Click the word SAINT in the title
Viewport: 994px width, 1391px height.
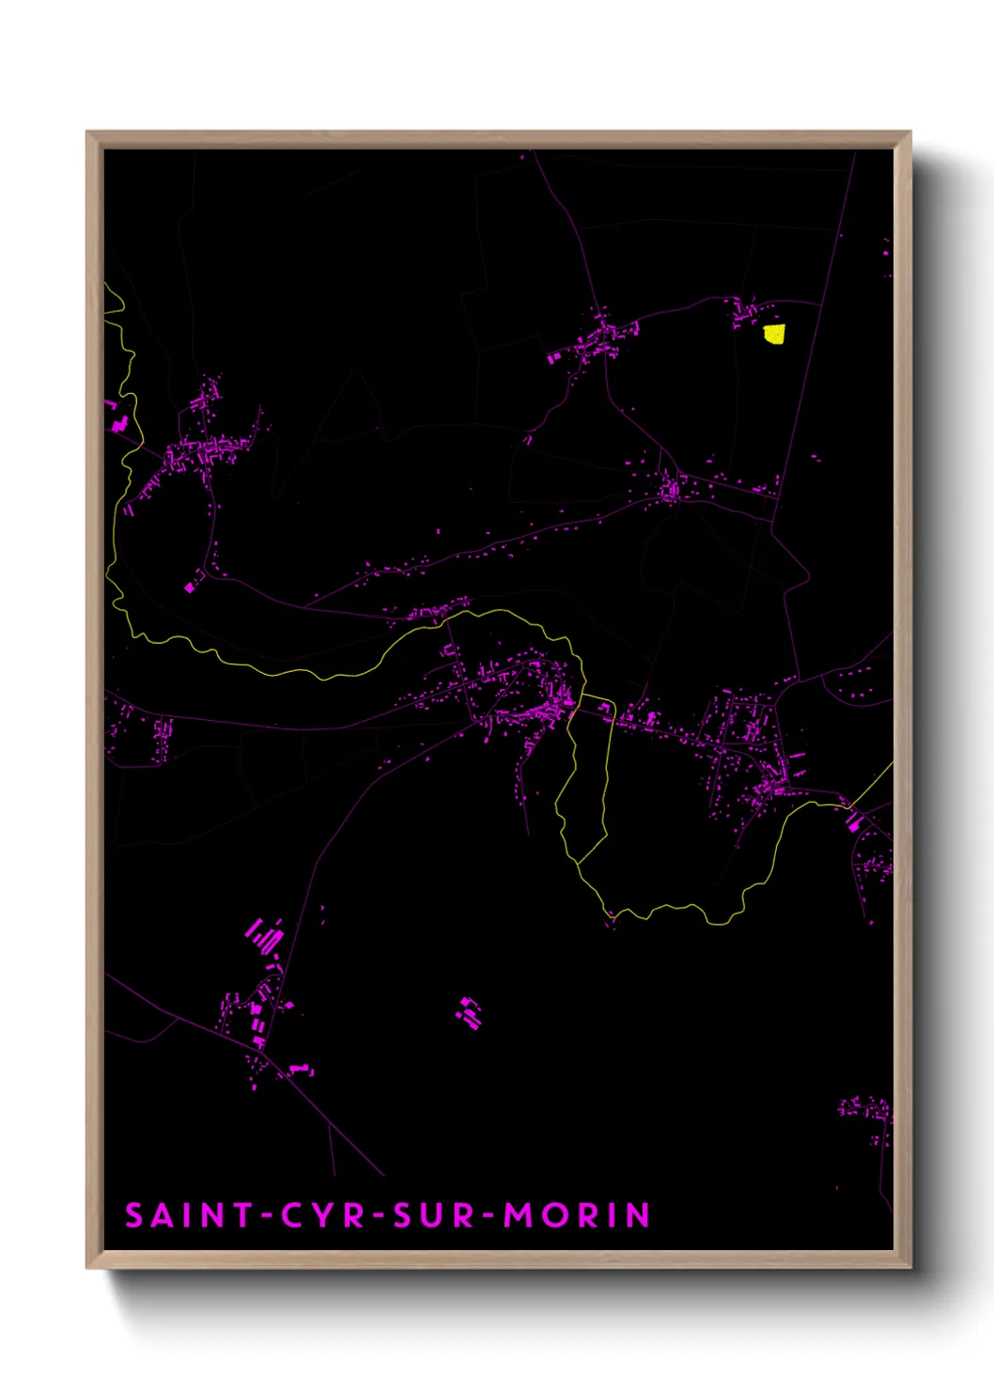coord(189,1215)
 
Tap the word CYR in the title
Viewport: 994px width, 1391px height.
coord(322,1215)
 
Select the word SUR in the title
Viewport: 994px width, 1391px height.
coord(433,1215)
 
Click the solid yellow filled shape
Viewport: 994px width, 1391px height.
coord(773,334)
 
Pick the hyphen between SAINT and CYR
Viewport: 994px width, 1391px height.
coord(267,1216)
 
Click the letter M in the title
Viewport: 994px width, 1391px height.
coord(518,1215)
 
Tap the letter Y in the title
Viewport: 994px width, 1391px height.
coord(323,1215)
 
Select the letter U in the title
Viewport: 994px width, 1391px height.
coord(433,1215)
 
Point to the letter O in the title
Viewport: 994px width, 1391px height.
coord(554,1215)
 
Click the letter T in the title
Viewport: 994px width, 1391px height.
coord(241,1215)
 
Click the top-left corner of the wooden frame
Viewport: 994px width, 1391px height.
coord(87,133)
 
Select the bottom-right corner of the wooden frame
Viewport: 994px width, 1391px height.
coord(910,1267)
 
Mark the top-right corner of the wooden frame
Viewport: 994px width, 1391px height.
coord(910,133)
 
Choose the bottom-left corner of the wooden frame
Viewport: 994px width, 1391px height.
coord(87,1267)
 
